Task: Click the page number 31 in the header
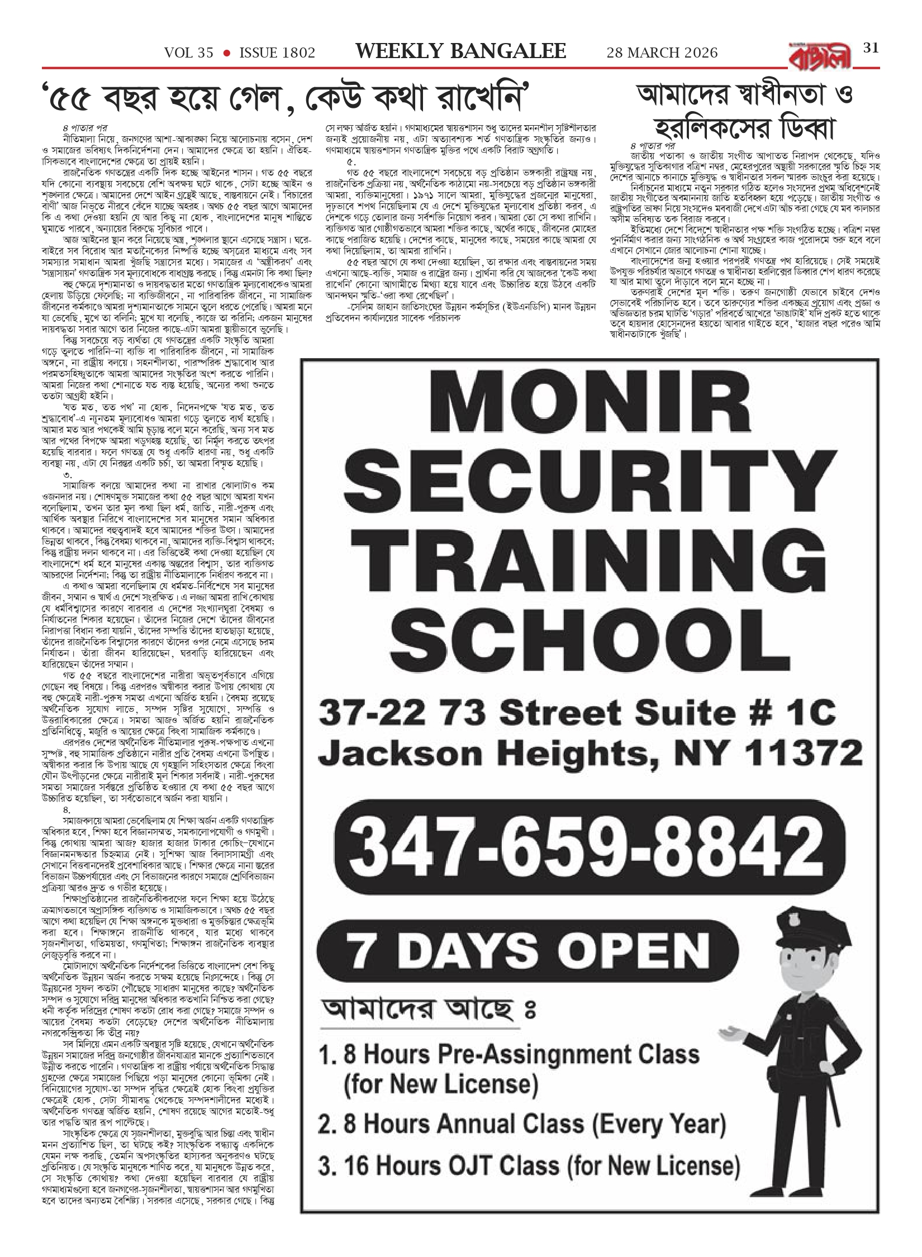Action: pos(871,48)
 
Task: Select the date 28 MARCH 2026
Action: pos(662,53)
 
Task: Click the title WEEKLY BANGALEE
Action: pos(461,52)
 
